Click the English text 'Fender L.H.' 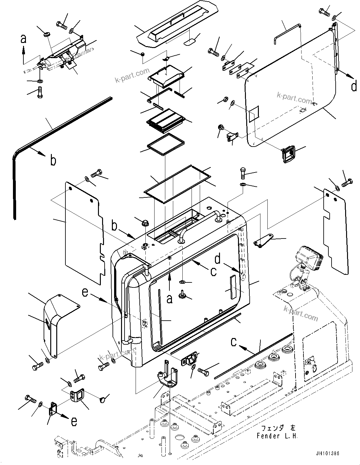277,436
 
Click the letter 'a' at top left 23,39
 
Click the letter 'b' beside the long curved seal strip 54,160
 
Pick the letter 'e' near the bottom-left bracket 74,422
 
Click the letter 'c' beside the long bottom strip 234,342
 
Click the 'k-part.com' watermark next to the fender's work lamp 301,313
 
